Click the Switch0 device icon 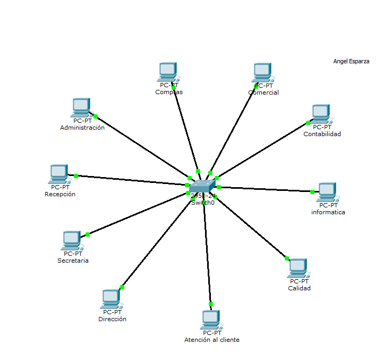[x=203, y=186]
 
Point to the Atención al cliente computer [x=211, y=320]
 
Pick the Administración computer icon [x=81, y=107]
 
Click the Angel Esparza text [x=351, y=62]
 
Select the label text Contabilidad [x=322, y=134]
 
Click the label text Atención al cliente [x=211, y=340]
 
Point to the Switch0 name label [x=202, y=203]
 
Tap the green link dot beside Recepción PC [x=76, y=176]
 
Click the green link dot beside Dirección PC [x=122, y=287]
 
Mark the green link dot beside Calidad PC [x=287, y=258]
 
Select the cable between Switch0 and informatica [x=266, y=189]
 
